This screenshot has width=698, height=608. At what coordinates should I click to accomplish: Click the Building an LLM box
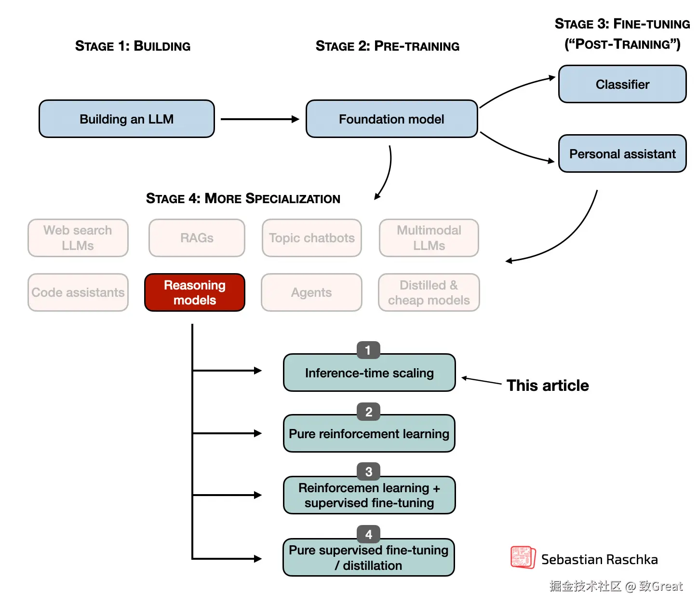[x=127, y=119]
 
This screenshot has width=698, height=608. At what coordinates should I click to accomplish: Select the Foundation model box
[x=391, y=119]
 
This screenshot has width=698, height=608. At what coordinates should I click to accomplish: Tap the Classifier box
[x=622, y=84]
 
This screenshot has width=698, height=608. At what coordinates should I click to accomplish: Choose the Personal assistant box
[x=622, y=154]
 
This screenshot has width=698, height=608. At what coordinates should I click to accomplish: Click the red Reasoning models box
[x=195, y=292]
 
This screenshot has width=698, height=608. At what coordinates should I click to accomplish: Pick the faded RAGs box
[x=197, y=238]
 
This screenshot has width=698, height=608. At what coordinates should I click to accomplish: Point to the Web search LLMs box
[x=78, y=238]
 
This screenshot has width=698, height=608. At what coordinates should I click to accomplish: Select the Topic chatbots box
[x=312, y=238]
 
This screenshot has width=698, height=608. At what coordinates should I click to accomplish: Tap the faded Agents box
[x=311, y=292]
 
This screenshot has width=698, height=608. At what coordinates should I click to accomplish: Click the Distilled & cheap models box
[x=429, y=292]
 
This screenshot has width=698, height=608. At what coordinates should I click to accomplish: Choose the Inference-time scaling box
[x=369, y=373]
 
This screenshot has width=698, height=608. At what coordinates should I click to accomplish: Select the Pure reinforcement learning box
[x=369, y=434]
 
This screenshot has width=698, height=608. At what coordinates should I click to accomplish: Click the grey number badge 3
[x=369, y=471]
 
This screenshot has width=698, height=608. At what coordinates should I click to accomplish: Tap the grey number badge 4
[x=369, y=534]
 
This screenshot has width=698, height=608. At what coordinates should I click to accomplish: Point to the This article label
[x=548, y=386]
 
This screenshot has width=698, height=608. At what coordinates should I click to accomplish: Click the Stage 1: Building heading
[x=133, y=46]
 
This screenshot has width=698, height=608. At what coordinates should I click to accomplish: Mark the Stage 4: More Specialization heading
[x=243, y=198]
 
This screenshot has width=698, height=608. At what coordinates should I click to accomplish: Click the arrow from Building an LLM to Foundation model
[x=260, y=119]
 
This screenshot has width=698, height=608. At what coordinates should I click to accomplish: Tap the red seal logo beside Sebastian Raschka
[x=523, y=558]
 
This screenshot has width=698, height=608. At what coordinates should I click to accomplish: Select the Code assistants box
[x=78, y=292]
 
